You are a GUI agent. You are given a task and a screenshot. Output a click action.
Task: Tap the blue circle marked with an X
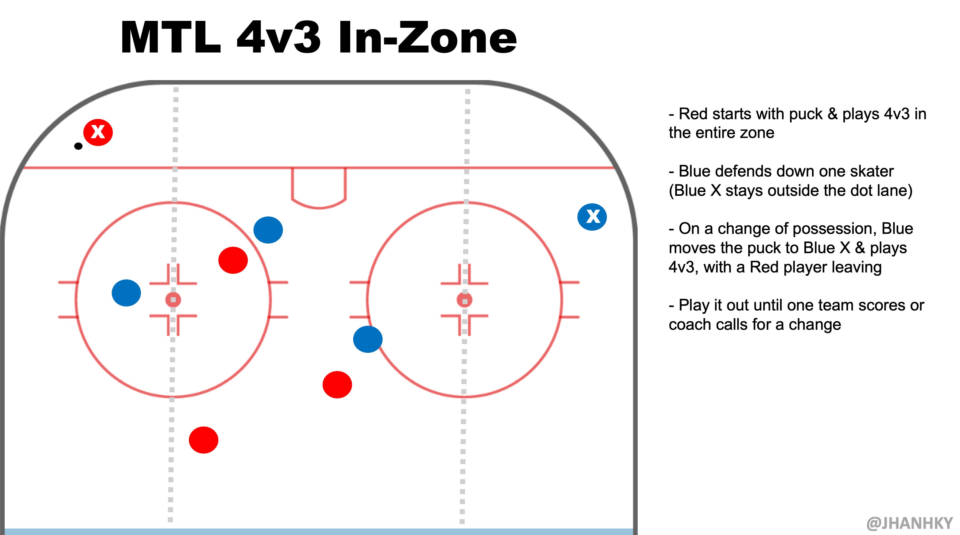[592, 217]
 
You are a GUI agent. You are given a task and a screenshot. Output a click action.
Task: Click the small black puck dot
[78, 146]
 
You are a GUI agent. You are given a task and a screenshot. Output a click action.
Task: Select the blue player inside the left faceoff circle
[126, 293]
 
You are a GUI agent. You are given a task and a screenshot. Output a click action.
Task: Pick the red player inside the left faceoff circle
[233, 260]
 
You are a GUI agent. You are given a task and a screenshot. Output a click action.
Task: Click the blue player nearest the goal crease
[268, 230]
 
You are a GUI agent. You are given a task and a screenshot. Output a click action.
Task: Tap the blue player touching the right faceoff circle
[368, 339]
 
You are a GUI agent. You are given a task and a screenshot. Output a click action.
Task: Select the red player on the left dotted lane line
[203, 440]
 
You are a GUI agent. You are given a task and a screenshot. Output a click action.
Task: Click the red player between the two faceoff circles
[337, 384]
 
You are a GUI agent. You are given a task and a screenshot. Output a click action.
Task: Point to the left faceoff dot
[173, 300]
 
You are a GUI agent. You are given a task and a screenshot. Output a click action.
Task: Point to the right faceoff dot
[464, 300]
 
